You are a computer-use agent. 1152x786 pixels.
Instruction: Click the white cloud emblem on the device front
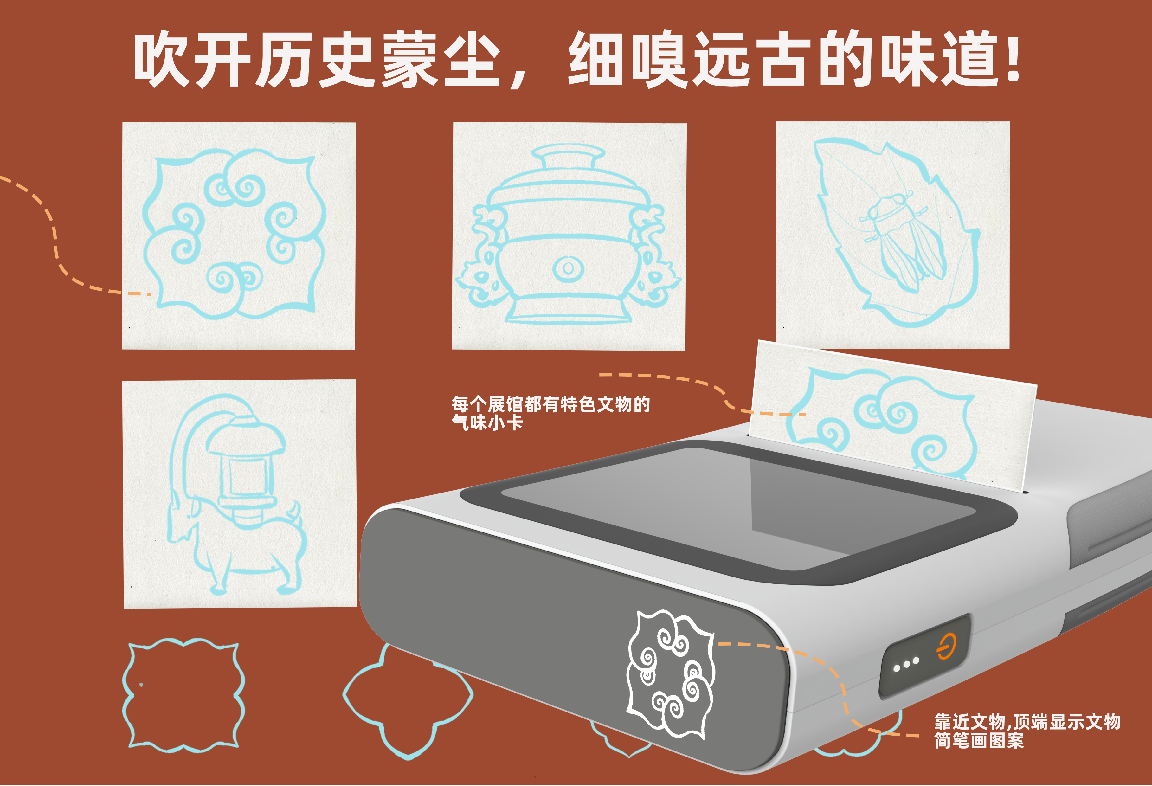tap(670, 674)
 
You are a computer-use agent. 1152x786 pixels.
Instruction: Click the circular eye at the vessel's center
tap(568, 269)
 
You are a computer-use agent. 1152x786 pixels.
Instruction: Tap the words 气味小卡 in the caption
tap(487, 423)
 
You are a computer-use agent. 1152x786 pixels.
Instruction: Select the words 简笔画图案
tap(979, 740)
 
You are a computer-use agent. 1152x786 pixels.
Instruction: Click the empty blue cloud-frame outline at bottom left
tap(183, 694)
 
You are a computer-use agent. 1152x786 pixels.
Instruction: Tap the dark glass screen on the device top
tap(734, 506)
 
